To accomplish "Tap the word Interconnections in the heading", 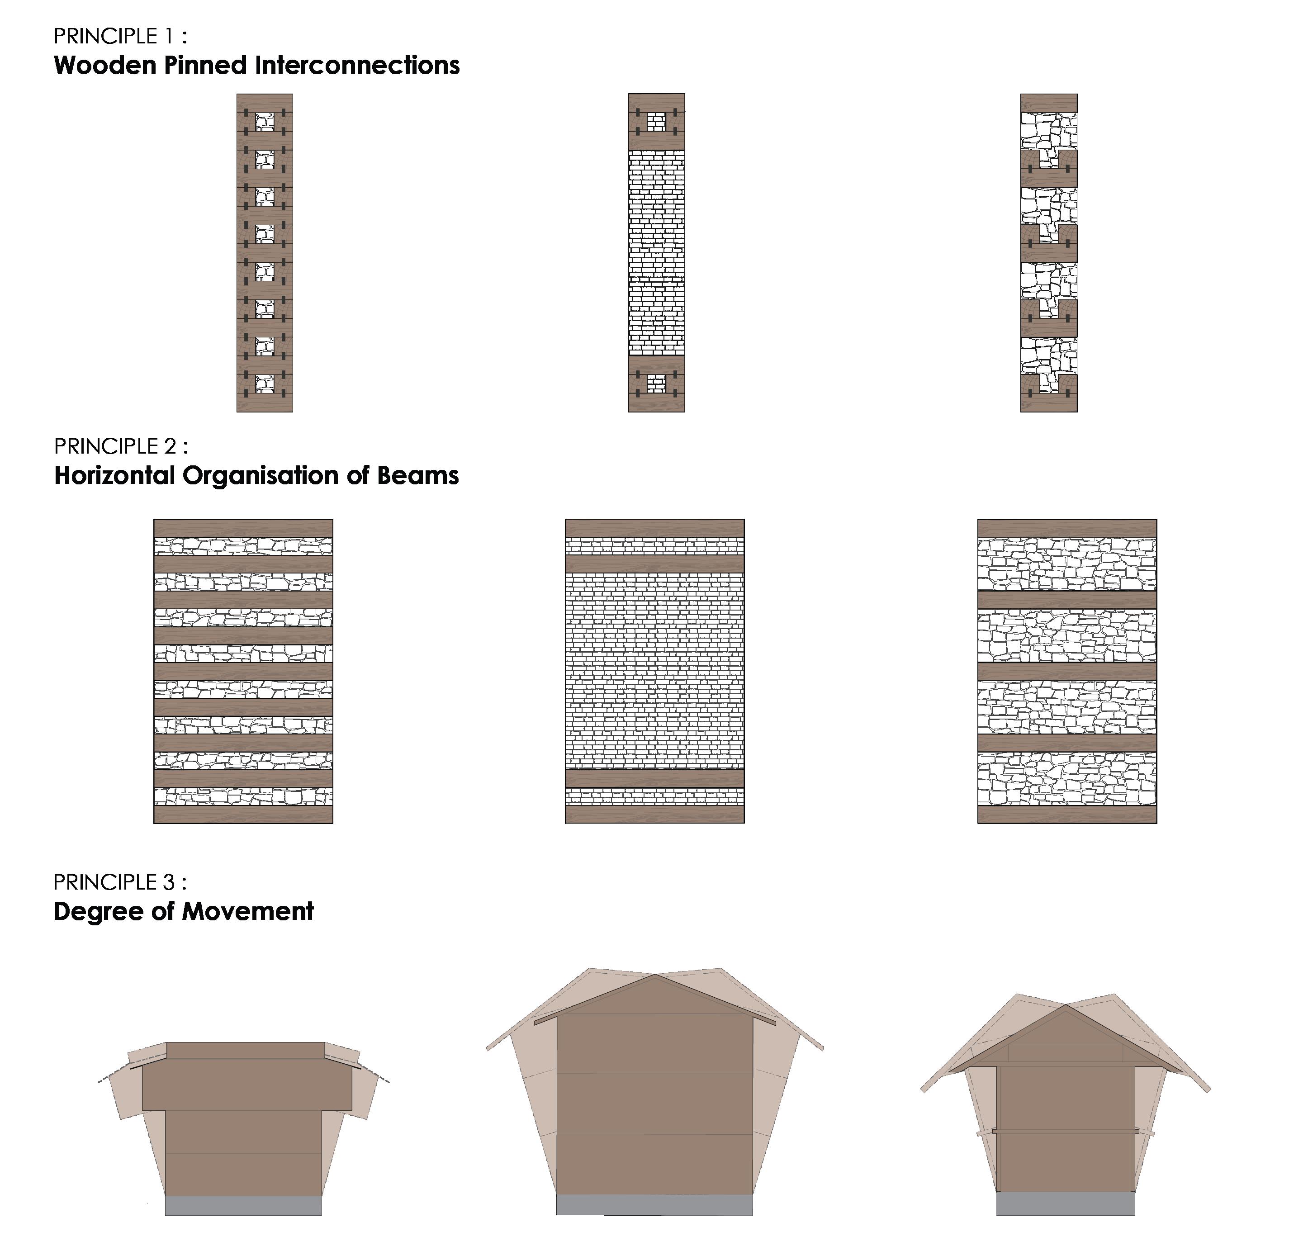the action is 357,66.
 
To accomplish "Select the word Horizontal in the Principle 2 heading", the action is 114,476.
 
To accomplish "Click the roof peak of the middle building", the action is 655,976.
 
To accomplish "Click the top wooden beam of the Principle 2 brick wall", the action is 654,528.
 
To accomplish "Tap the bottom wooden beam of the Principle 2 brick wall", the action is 654,814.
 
